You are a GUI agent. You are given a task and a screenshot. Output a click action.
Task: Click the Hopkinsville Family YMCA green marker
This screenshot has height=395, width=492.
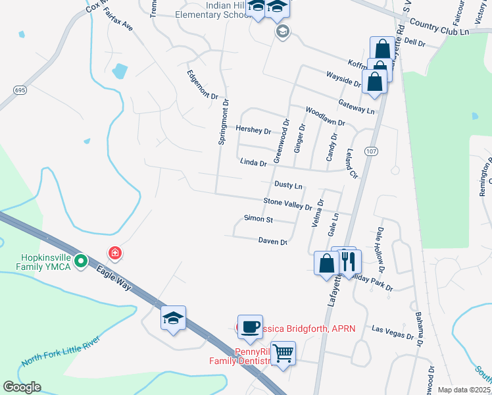(x=81, y=261)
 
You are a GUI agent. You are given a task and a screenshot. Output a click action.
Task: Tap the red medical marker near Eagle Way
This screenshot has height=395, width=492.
(x=115, y=253)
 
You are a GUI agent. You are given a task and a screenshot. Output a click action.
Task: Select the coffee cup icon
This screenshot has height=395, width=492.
(x=250, y=327)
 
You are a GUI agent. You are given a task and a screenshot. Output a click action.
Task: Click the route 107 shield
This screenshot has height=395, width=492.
(x=372, y=151)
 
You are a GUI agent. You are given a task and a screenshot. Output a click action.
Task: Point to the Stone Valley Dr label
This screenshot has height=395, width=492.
(x=287, y=203)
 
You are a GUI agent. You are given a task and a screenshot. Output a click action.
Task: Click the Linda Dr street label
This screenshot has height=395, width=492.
(x=253, y=162)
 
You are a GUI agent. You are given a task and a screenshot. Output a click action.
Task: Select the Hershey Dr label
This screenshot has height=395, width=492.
(x=253, y=130)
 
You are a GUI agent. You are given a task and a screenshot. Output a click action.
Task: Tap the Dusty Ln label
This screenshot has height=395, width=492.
(x=288, y=186)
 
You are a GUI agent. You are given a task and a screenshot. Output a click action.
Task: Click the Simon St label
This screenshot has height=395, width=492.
(x=258, y=218)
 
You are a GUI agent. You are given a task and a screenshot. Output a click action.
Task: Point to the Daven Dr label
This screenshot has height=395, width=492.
(x=273, y=242)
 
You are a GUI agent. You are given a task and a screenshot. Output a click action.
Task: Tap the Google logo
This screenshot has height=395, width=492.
(x=22, y=387)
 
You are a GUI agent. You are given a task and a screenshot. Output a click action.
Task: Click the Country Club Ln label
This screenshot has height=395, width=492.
(x=439, y=27)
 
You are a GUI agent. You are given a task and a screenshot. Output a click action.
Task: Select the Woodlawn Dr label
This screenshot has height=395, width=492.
(x=325, y=117)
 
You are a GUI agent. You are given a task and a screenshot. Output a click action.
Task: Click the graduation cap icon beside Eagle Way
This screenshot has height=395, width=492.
(x=174, y=319)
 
